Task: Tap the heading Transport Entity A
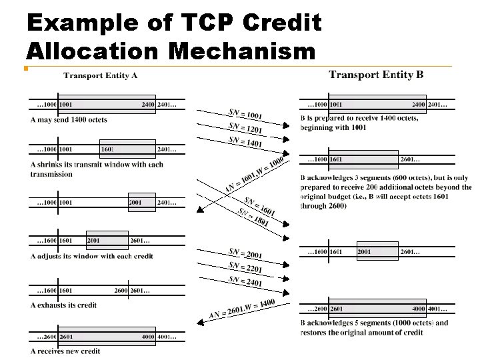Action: [x=101, y=75]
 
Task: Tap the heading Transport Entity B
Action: [x=376, y=75]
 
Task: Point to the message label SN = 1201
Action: [x=245, y=127]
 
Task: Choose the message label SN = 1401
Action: [x=245, y=141]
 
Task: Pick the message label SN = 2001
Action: [x=245, y=253]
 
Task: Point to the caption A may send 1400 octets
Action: [x=69, y=120]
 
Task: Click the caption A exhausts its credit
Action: [x=63, y=305]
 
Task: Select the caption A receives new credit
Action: [x=65, y=351]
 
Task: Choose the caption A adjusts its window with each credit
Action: [x=92, y=256]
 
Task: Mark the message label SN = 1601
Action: [x=259, y=207]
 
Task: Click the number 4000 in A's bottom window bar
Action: [x=148, y=337]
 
